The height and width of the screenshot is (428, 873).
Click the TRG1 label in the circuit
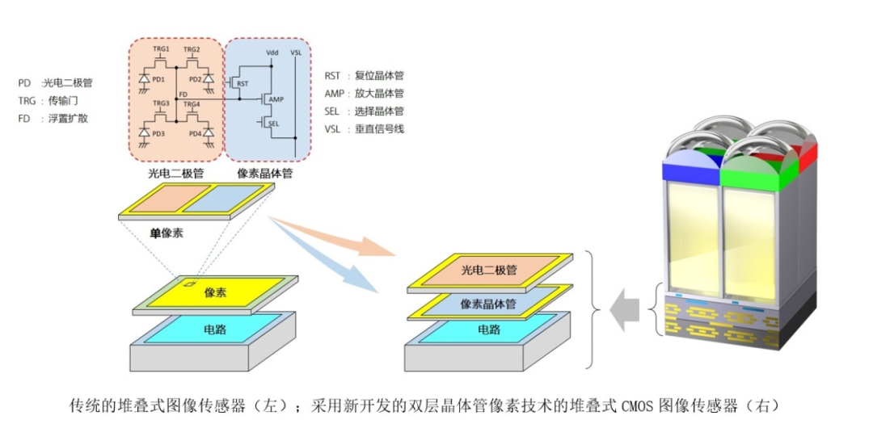(161, 49)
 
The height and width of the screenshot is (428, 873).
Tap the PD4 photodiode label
(195, 133)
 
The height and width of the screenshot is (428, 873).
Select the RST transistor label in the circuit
(242, 83)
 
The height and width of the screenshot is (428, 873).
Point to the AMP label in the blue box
(276, 99)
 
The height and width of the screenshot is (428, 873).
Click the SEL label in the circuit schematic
(272, 124)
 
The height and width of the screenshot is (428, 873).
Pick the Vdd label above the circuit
(272, 52)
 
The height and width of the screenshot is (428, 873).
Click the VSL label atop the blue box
(296, 52)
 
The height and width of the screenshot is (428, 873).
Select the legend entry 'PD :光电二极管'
(55, 83)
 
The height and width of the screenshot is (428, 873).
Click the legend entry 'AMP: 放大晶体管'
(364, 94)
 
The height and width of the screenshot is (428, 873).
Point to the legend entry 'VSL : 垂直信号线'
(364, 129)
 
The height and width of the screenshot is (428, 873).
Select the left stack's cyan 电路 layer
(215, 330)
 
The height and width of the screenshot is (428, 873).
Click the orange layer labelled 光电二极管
(488, 271)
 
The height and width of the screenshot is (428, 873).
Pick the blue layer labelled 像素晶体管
(488, 304)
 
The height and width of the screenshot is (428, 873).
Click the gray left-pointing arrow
(626, 312)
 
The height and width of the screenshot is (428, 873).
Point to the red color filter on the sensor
(808, 153)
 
